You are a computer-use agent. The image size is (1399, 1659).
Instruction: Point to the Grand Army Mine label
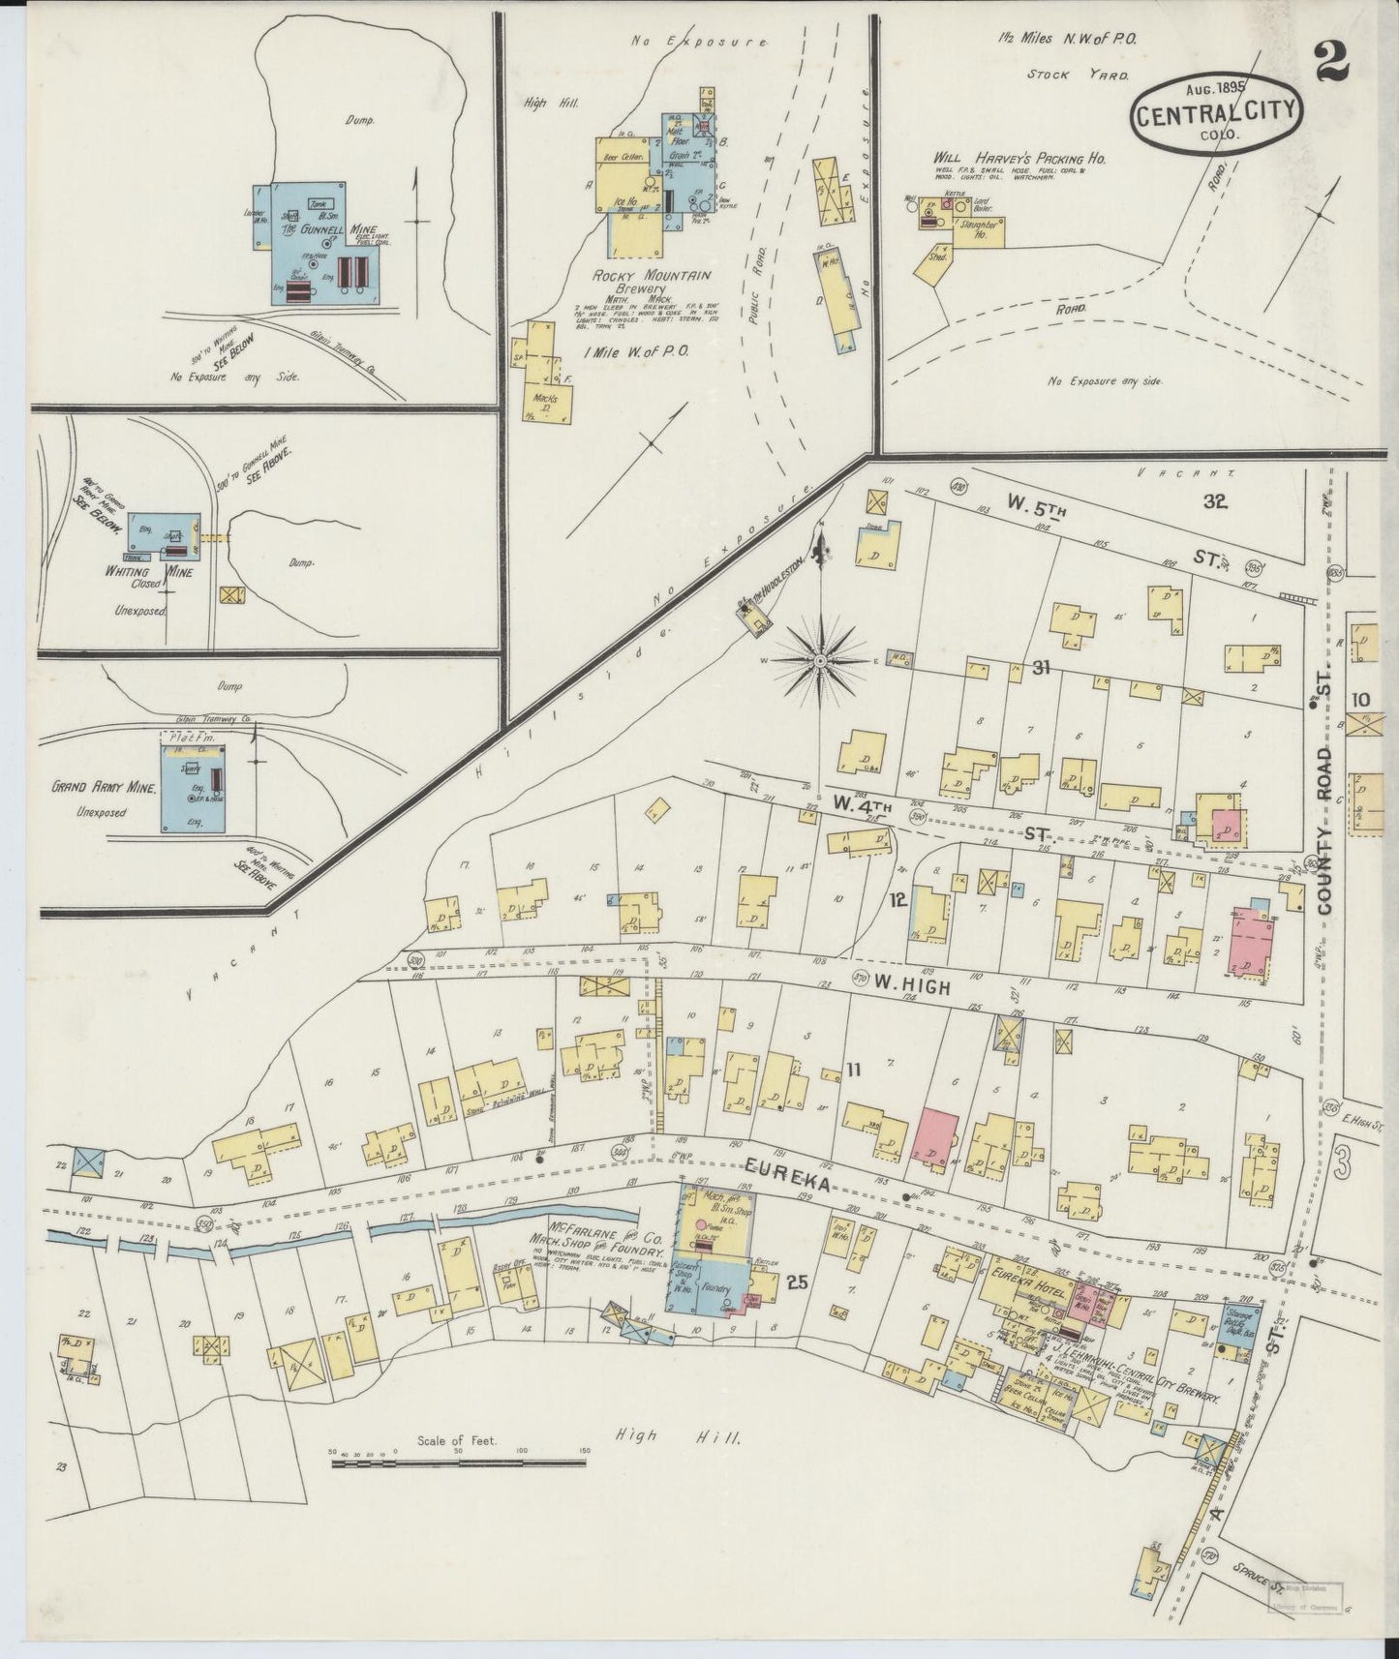point(105,789)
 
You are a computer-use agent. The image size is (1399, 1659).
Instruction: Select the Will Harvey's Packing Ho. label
point(1019,158)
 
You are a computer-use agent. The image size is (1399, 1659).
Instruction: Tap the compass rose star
point(820,661)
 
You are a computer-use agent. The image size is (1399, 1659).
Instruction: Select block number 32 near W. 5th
point(1215,500)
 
